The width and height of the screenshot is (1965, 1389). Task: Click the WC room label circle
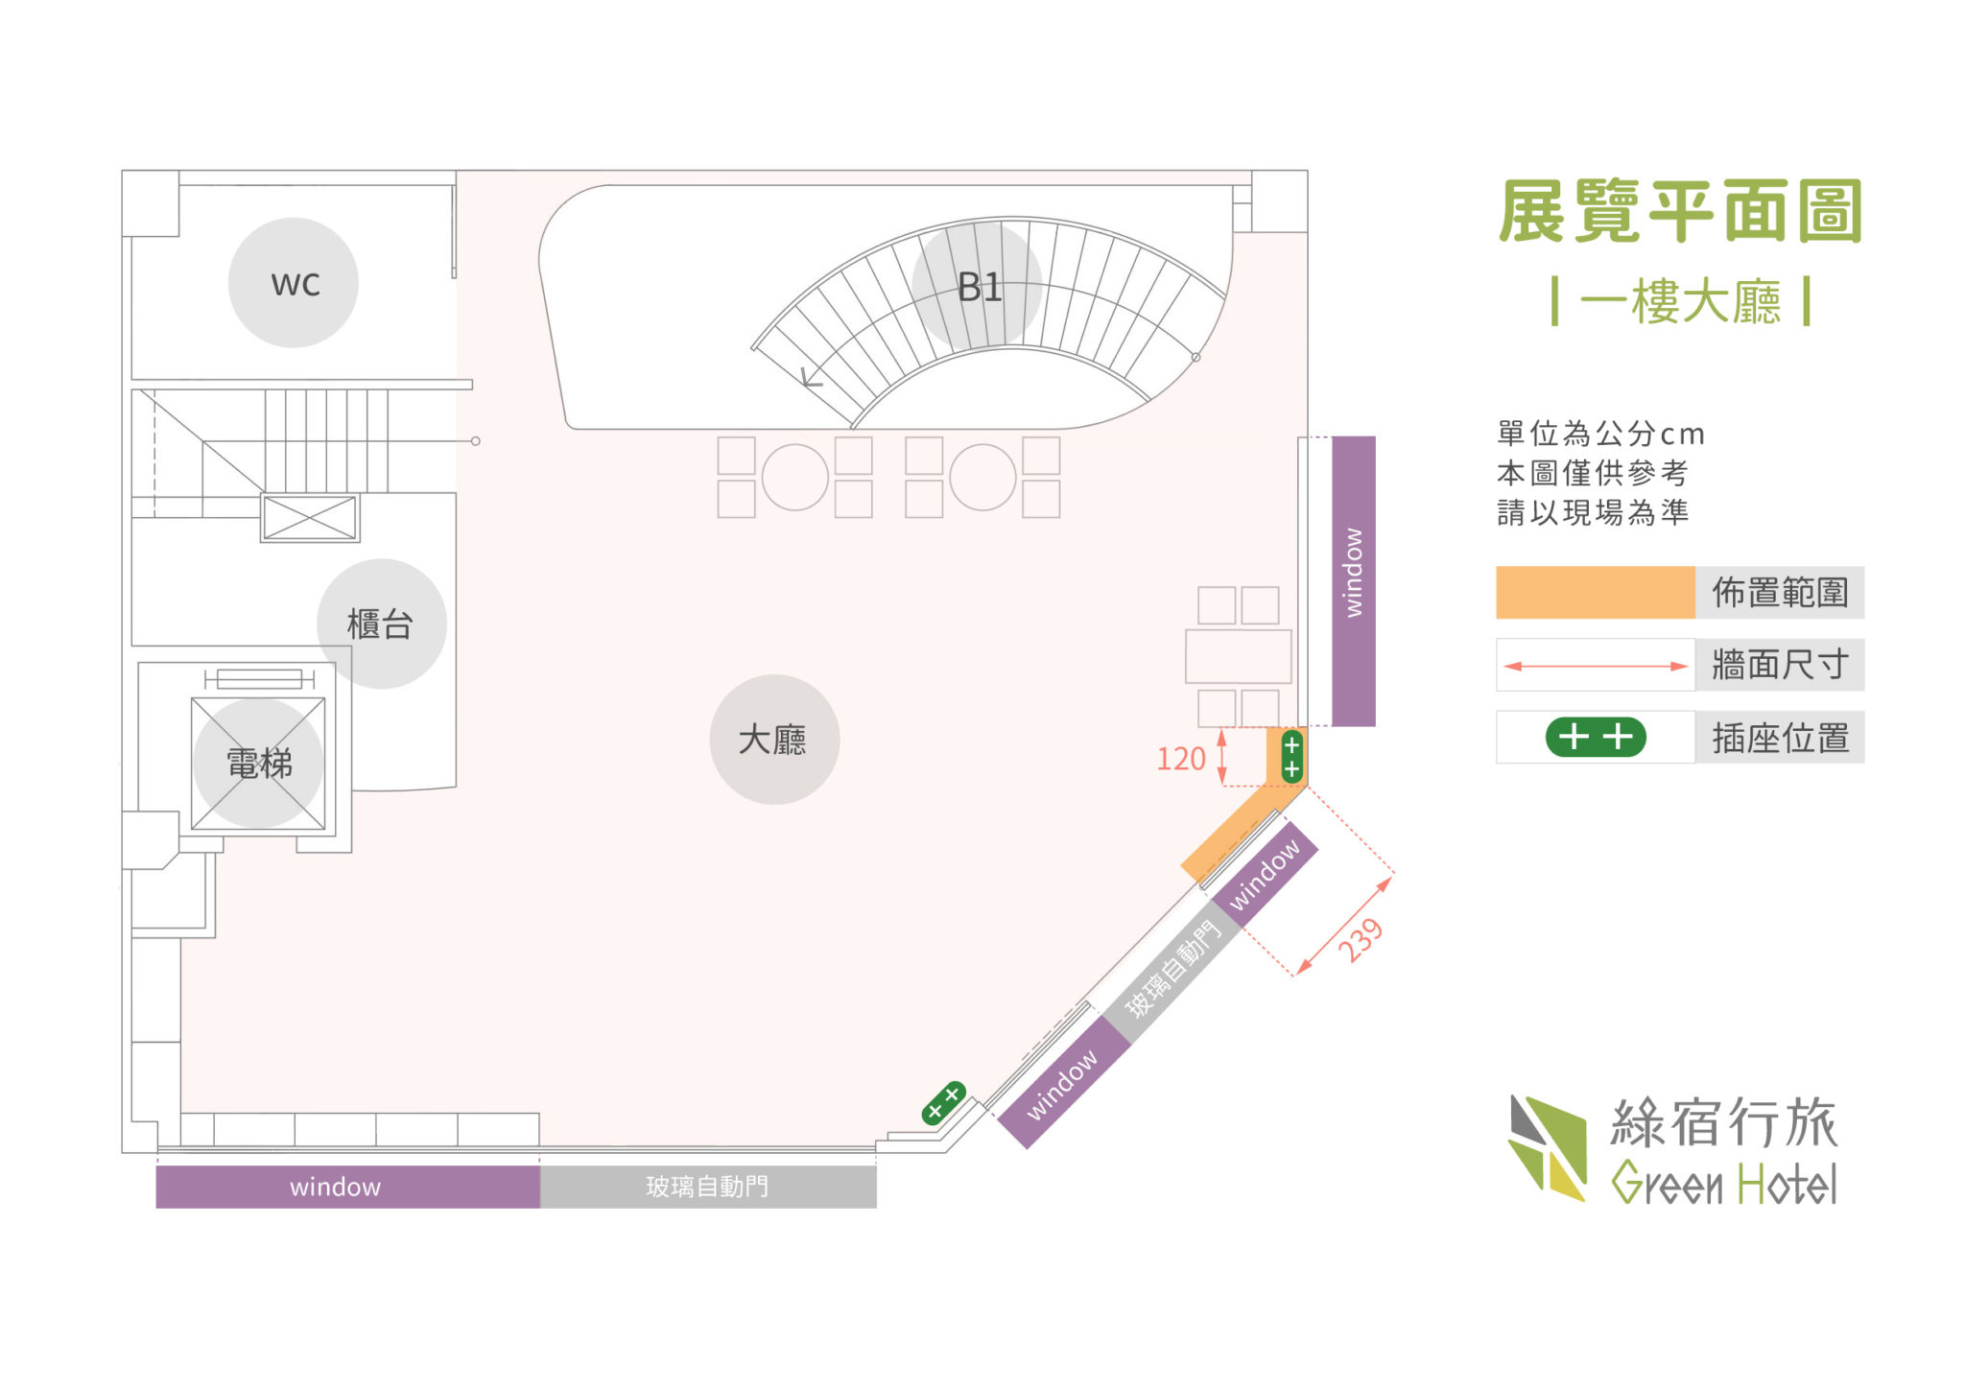[x=294, y=283]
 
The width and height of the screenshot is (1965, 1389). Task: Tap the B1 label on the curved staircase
[x=979, y=287]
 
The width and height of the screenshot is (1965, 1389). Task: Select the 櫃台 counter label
[x=380, y=624]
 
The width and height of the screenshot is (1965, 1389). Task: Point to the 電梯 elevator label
[x=259, y=764]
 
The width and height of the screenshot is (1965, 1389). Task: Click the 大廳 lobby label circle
[x=774, y=740]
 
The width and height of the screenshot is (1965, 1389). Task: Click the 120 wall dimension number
[x=1180, y=759]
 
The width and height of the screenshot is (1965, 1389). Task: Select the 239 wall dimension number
[x=1361, y=940]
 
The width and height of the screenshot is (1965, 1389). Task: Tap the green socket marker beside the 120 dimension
[x=1292, y=757]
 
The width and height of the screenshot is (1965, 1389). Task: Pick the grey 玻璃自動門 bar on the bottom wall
[x=708, y=1187]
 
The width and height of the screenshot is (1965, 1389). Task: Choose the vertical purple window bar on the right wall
[x=1354, y=581]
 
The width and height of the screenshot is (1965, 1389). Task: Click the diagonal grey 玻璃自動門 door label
[x=1172, y=968]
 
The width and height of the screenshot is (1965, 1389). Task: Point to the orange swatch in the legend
[x=1596, y=592]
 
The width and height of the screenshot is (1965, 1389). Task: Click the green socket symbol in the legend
[x=1596, y=737]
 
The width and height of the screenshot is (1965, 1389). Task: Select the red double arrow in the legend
[x=1596, y=666]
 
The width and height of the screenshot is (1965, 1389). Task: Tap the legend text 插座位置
[x=1780, y=738]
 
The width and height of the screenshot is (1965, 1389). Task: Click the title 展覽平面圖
[x=1680, y=211]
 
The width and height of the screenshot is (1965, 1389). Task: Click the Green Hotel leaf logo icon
[x=1548, y=1148]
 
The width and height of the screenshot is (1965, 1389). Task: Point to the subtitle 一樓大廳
[x=1680, y=301]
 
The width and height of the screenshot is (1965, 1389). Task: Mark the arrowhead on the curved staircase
[x=811, y=378]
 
